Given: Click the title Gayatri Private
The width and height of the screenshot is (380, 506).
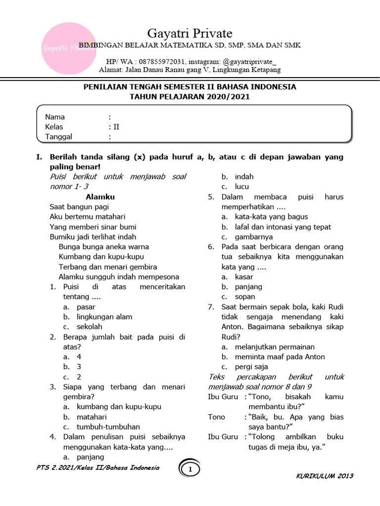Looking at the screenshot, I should pos(190,34).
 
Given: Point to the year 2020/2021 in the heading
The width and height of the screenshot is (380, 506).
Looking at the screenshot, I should pos(225,97).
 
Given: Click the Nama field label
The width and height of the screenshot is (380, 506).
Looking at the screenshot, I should pos(55,117).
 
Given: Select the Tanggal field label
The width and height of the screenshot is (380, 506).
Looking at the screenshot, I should pos(59,137).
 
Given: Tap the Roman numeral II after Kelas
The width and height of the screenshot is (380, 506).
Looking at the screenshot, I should pos(116,127).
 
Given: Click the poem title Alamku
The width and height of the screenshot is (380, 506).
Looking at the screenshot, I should pos(100,197).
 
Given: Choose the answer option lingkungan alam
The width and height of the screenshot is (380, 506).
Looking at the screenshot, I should pos(104,317).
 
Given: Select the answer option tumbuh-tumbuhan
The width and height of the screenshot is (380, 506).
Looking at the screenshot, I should pos(108,427).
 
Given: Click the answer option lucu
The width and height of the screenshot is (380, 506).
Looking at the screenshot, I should pos(242,187).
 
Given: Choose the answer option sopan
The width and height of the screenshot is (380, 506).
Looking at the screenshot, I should pos(245,297).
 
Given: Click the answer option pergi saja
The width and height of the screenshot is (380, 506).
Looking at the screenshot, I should pos(251,367).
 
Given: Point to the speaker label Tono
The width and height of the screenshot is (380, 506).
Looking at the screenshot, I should pos(217,417).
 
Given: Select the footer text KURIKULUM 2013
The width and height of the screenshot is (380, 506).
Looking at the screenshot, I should pos(325,476).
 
